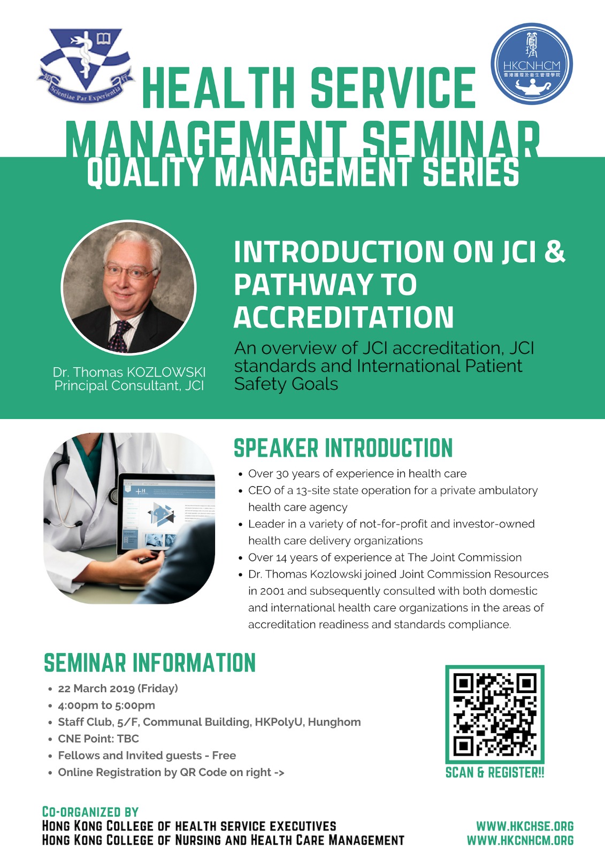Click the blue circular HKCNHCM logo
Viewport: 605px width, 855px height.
(x=532, y=64)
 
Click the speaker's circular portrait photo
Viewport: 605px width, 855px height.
(x=128, y=287)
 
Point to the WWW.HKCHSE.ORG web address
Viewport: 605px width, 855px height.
(x=525, y=826)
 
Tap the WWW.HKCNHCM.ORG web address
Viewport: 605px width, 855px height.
(x=520, y=840)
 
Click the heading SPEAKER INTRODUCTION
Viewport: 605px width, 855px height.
(x=343, y=448)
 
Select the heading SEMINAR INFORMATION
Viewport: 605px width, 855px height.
(x=149, y=663)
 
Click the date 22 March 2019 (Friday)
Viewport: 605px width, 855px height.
(x=118, y=688)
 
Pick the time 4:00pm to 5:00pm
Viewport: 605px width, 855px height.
(x=106, y=705)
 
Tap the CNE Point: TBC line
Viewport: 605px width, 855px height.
(x=98, y=739)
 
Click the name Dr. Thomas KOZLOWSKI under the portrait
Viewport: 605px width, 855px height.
(x=129, y=372)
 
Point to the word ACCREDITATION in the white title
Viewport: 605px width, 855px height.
(x=343, y=317)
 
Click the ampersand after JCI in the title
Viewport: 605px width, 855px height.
(x=555, y=251)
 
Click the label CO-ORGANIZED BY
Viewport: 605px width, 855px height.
(x=90, y=812)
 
